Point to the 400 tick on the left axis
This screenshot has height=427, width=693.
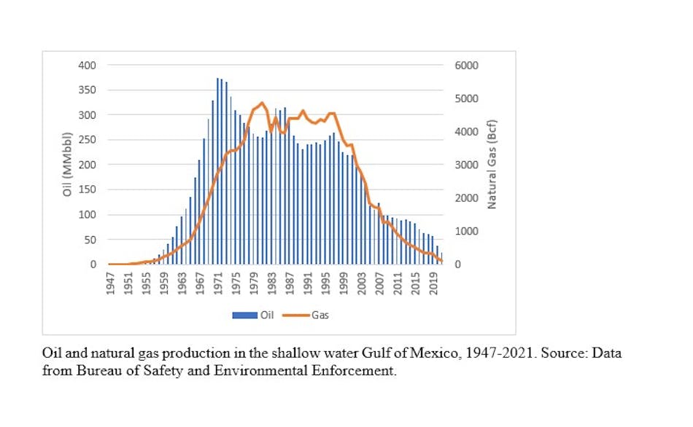(87, 66)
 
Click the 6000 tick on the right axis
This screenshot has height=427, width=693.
(467, 66)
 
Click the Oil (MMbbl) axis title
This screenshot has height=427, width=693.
(66, 165)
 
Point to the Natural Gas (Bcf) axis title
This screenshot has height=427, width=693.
(492, 165)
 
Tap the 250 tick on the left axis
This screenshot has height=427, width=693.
(87, 140)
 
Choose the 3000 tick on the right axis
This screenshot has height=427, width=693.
(467, 165)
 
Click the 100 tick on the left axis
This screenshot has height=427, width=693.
(87, 215)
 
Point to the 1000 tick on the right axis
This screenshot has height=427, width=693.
(467, 231)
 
